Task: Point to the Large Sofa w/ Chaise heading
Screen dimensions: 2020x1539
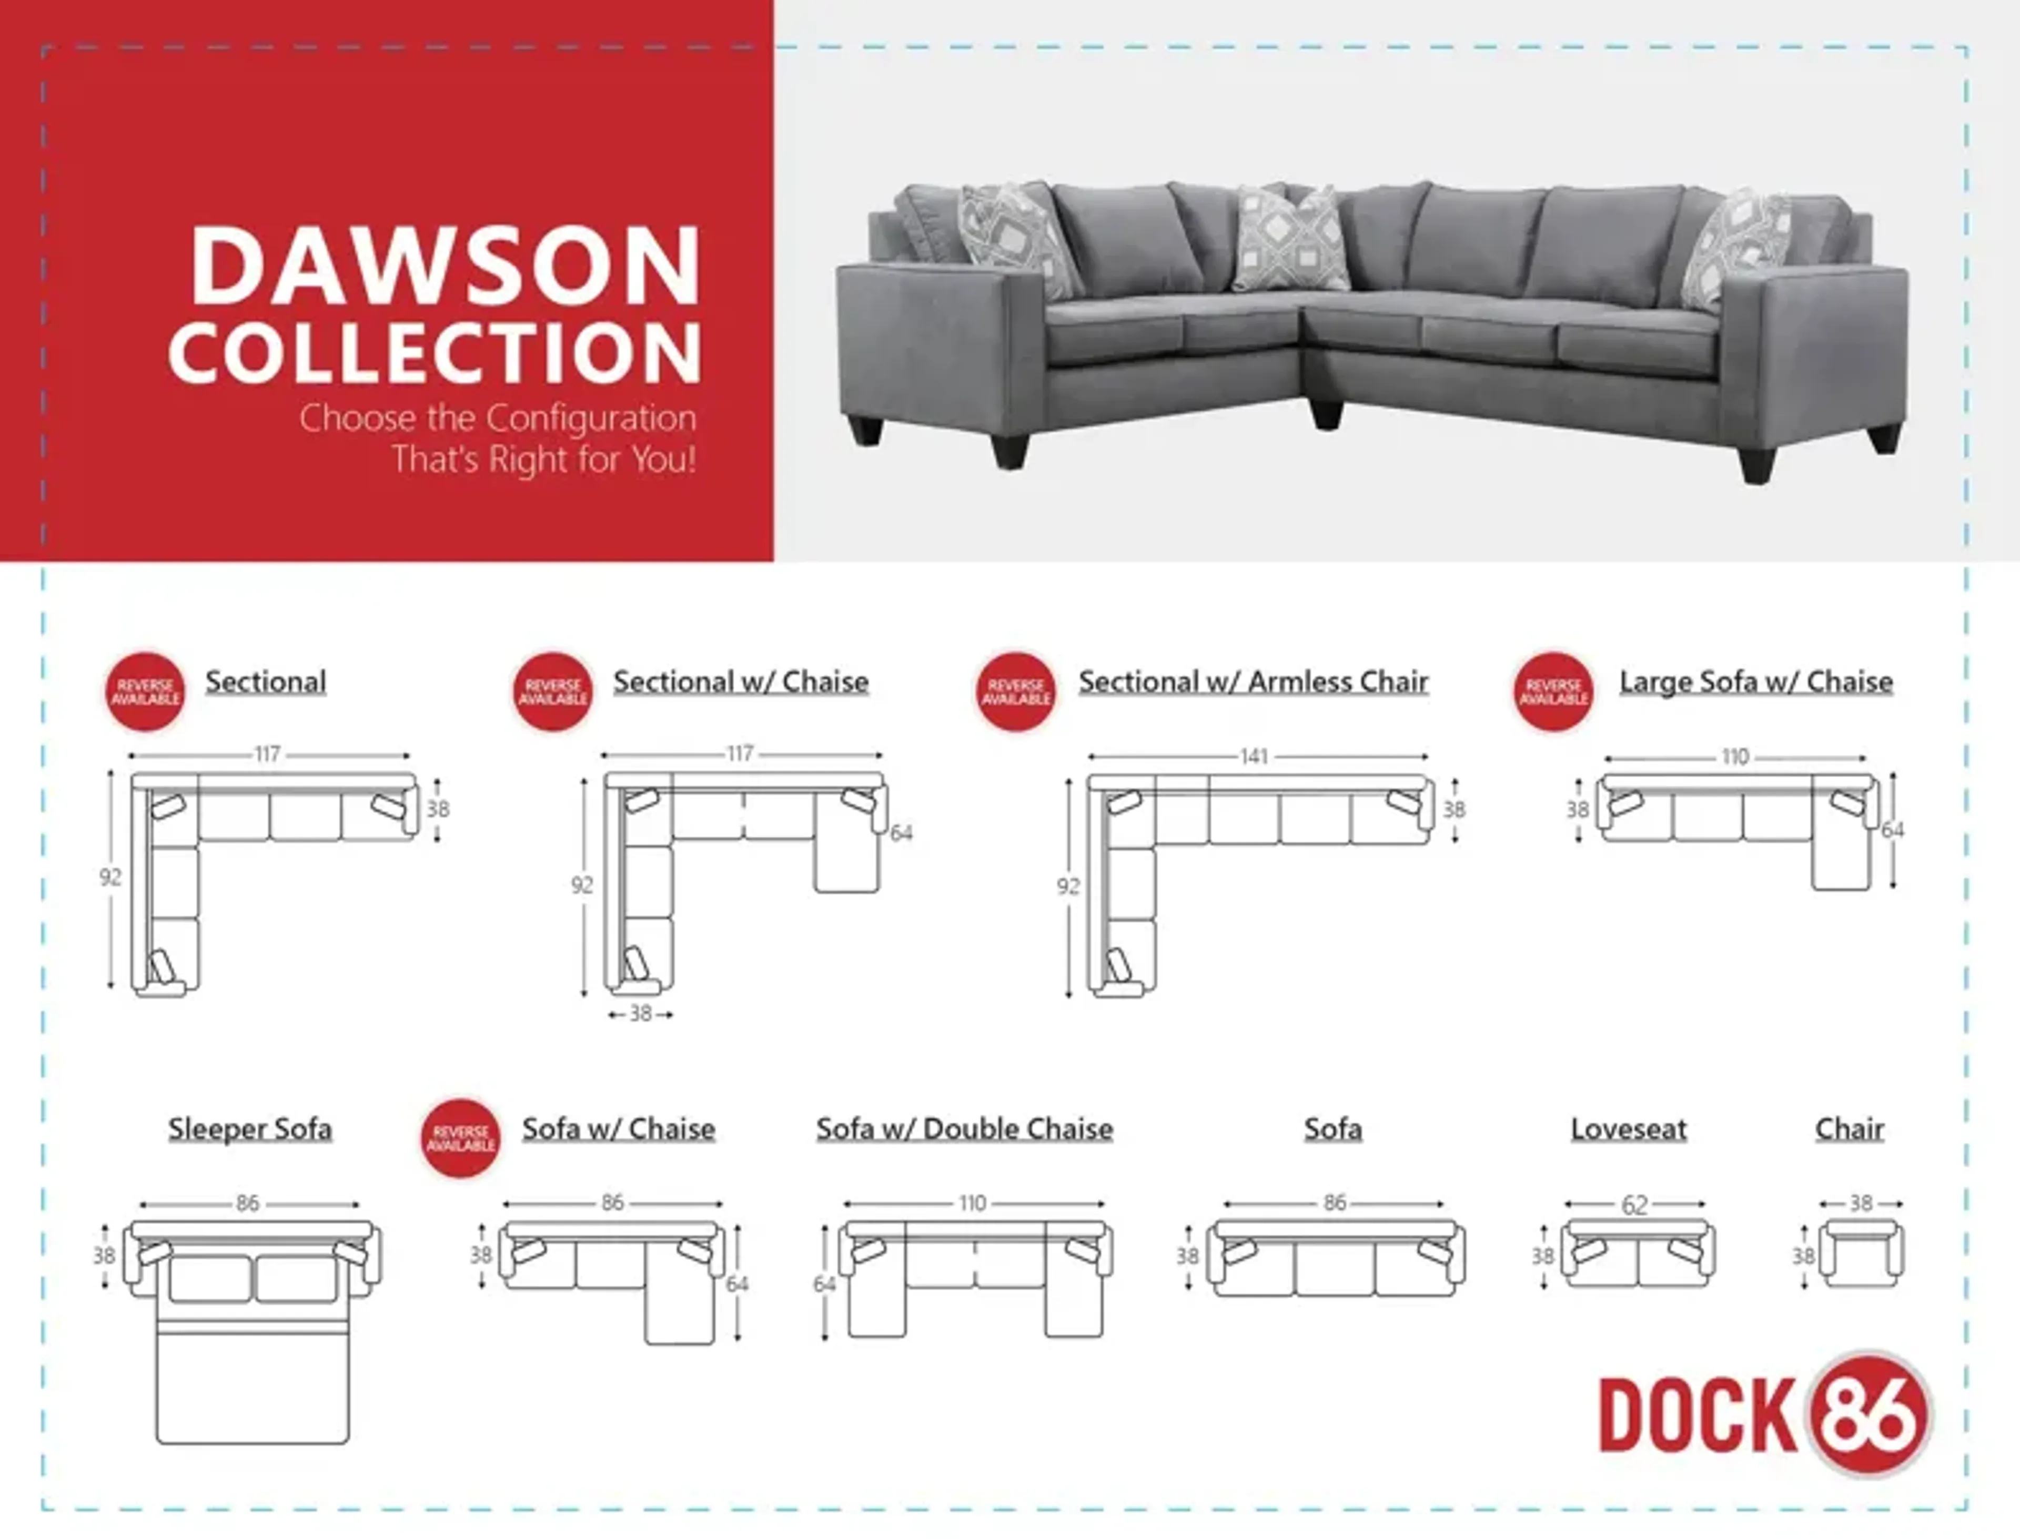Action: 1756,681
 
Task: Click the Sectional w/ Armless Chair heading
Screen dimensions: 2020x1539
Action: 1253,681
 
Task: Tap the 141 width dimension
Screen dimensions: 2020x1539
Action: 1254,757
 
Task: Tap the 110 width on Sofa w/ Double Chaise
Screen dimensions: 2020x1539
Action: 973,1203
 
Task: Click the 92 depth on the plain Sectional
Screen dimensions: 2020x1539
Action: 110,878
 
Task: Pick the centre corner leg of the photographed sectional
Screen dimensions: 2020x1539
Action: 1325,414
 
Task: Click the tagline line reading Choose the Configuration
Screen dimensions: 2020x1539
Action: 498,419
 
